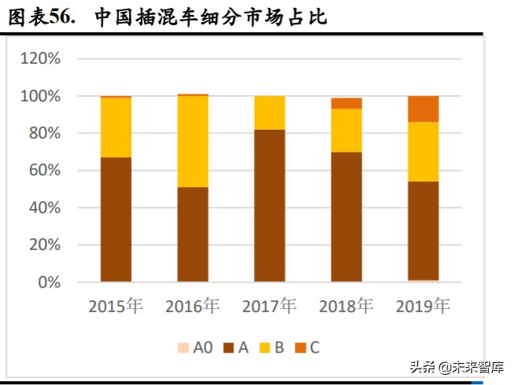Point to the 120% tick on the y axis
[x=40, y=59]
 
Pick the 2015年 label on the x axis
[x=116, y=306]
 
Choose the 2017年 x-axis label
[x=269, y=306]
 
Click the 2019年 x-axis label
[x=423, y=306]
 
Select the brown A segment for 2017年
[x=269, y=205]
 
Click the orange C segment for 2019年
[x=423, y=109]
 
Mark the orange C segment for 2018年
[x=346, y=103]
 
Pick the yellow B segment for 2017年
[x=269, y=112]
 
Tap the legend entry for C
[x=307, y=346]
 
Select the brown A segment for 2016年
[x=193, y=234]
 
